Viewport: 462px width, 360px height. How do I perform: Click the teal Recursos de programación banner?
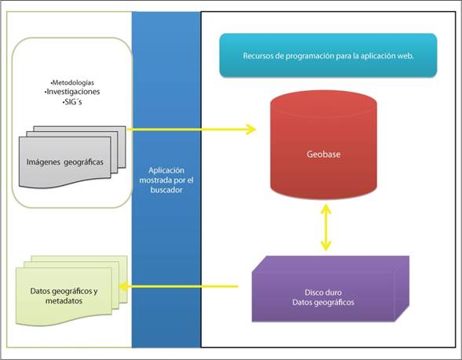(x=328, y=55)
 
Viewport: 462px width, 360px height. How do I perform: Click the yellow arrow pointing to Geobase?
(x=192, y=129)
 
